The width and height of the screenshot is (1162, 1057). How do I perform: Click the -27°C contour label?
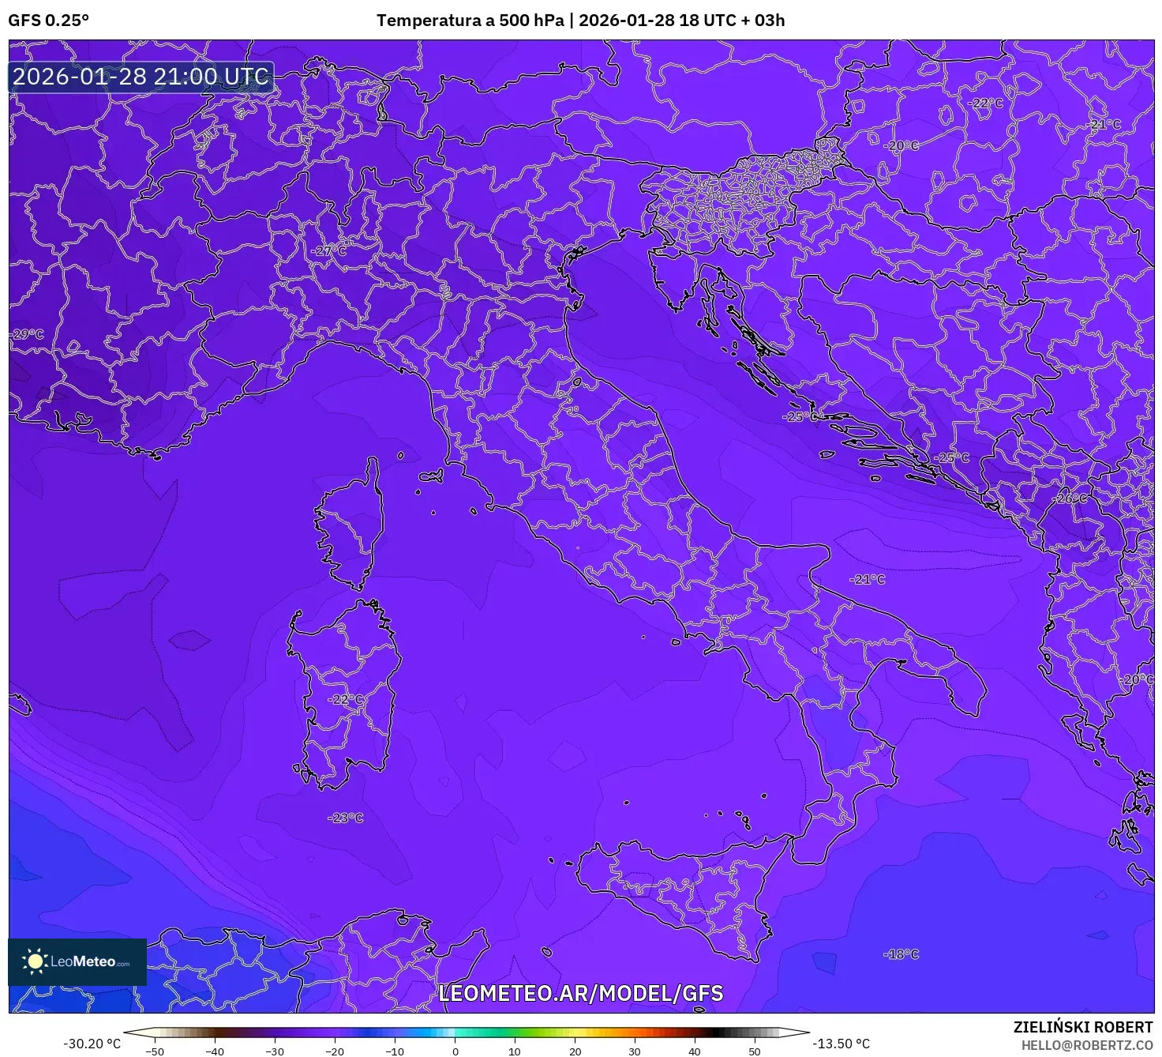click(x=328, y=250)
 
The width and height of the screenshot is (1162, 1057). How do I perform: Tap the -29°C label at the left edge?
click(x=27, y=334)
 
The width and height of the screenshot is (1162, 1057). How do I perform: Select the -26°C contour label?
click(x=1070, y=498)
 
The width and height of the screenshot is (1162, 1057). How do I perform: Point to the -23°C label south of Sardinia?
click(x=346, y=818)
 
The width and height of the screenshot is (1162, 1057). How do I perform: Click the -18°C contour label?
click(x=901, y=954)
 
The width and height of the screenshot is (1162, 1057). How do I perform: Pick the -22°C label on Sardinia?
click(x=346, y=700)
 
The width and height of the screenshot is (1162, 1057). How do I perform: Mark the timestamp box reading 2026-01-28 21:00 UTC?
click(x=141, y=77)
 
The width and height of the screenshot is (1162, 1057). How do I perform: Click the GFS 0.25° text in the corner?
click(x=49, y=21)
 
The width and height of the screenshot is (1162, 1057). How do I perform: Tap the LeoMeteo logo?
click(x=77, y=961)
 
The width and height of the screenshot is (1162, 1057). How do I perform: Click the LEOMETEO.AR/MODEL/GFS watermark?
click(x=580, y=993)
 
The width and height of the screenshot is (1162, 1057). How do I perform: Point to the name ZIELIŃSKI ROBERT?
click(x=1083, y=1027)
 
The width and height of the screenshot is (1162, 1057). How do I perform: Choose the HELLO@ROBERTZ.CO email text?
click(x=1087, y=1045)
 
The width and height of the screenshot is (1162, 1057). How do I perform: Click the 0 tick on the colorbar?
click(x=455, y=1051)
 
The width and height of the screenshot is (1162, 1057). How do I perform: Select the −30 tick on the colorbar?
click(x=274, y=1051)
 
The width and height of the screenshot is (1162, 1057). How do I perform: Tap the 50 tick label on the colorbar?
click(x=755, y=1051)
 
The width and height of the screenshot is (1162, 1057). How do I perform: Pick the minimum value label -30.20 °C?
click(x=92, y=1044)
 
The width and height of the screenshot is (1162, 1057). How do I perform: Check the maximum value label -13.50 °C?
click(x=842, y=1044)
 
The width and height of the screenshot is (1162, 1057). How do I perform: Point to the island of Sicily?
click(x=679, y=885)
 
